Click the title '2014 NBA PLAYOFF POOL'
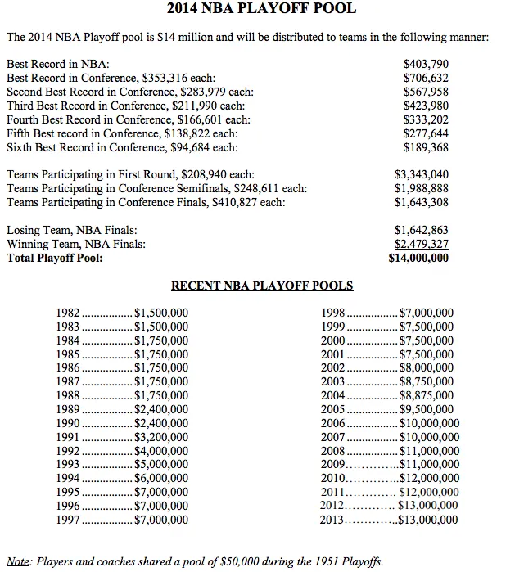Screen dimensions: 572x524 (x=261, y=11)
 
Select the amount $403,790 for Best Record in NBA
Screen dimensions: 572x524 (x=427, y=64)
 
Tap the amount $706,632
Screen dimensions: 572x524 (x=427, y=78)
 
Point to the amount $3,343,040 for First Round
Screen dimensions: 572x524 (x=421, y=175)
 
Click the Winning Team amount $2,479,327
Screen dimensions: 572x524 (x=421, y=244)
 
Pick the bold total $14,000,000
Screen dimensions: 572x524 (x=418, y=258)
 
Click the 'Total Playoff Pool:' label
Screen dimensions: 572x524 (x=55, y=258)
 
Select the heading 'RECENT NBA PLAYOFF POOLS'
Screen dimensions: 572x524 (x=262, y=286)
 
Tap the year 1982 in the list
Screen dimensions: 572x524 (x=69, y=313)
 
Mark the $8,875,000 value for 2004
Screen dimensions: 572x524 (x=426, y=396)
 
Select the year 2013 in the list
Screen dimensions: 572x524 (x=334, y=520)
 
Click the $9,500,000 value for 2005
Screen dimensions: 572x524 (x=426, y=410)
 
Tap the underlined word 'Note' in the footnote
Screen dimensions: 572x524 (x=18, y=561)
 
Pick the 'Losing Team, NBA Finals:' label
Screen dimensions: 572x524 (x=72, y=231)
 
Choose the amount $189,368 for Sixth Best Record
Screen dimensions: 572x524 (x=427, y=147)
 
